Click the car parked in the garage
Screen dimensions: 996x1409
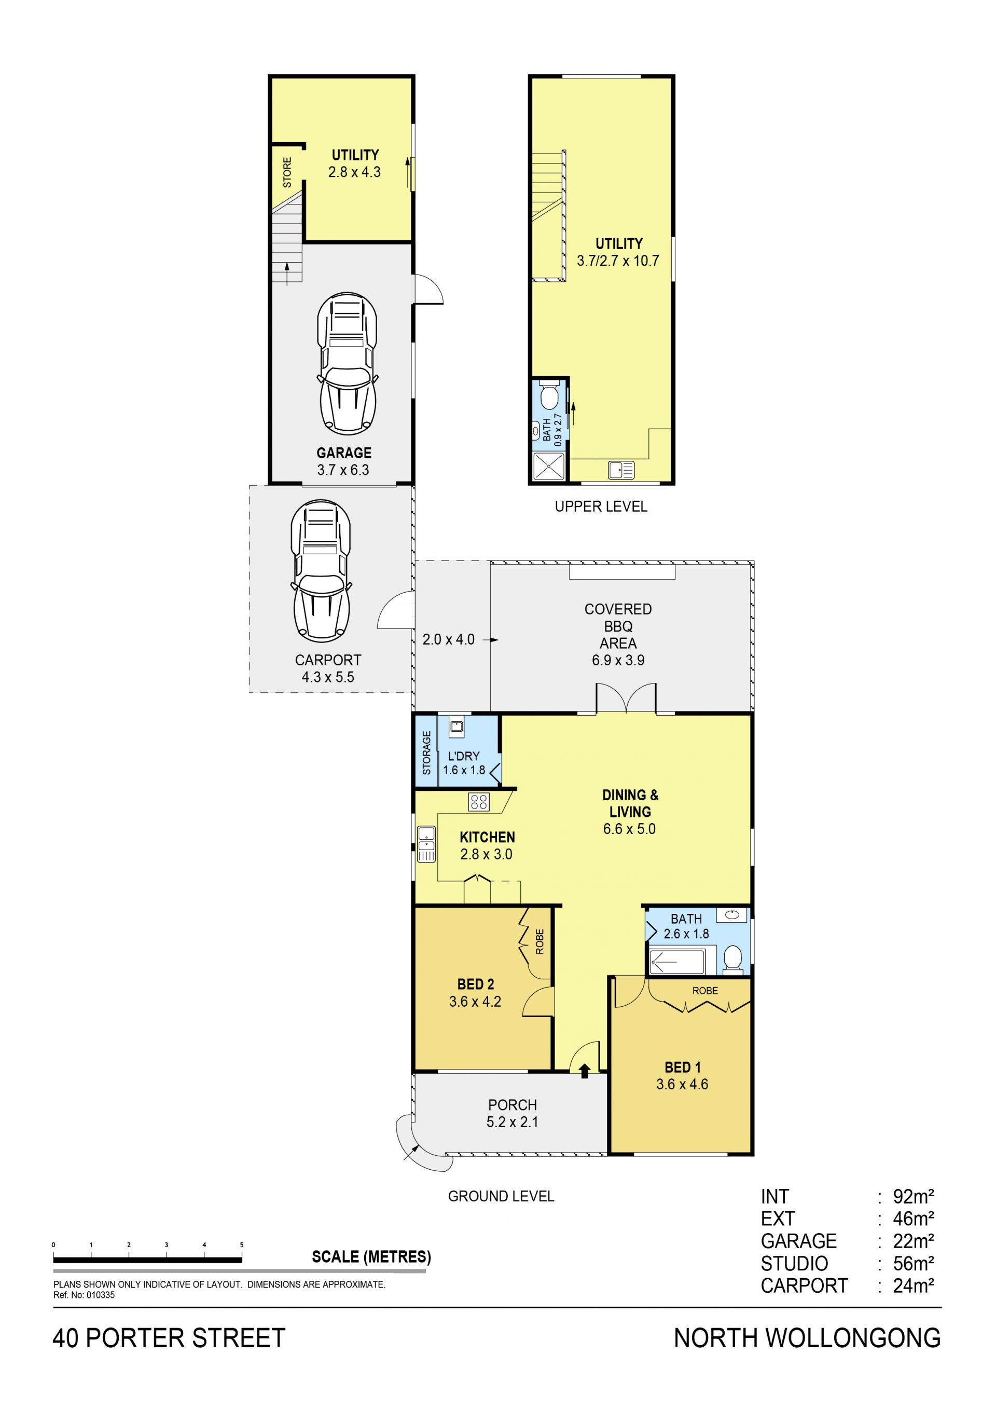347,364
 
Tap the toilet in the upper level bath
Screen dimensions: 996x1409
549,396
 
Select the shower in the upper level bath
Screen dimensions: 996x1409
548,467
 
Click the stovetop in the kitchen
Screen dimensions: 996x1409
479,801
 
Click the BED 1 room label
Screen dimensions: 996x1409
682,1067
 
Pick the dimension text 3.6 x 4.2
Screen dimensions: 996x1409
475,1002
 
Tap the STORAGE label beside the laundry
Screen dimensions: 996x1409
427,753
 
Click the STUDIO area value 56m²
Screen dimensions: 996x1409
913,1264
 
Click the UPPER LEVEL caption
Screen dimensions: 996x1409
601,507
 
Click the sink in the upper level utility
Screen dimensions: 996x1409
621,471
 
